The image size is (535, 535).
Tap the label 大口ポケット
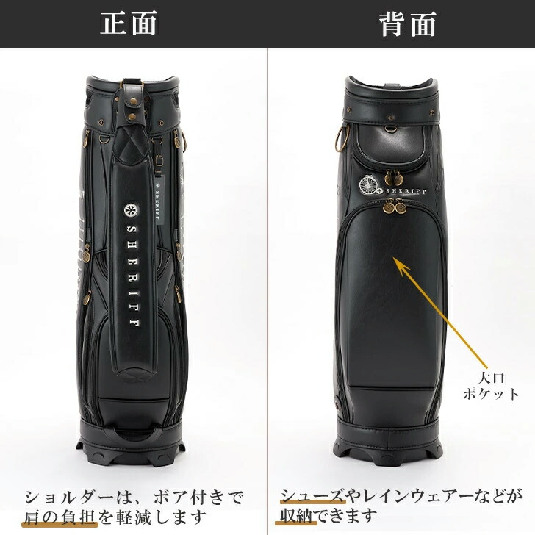coord(491,387)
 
